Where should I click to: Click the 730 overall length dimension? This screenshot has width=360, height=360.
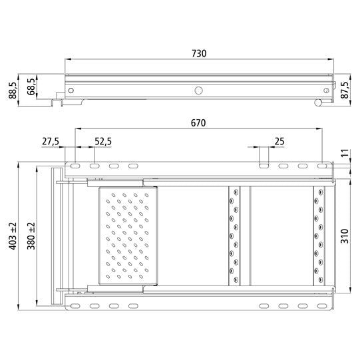[x=199, y=53]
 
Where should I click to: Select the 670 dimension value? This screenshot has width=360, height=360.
[x=198, y=123]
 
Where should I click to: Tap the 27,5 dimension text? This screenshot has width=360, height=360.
[x=51, y=142]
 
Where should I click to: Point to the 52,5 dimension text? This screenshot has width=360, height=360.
[x=103, y=142]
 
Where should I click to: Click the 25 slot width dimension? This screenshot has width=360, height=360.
[x=279, y=142]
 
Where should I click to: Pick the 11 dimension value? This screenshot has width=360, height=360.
[x=345, y=153]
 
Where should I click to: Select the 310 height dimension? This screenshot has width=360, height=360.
[x=345, y=236]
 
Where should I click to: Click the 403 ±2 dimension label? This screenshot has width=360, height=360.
[x=13, y=236]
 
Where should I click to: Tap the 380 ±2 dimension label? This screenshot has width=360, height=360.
[x=31, y=236]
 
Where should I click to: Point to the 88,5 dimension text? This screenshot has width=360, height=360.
[x=13, y=90]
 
